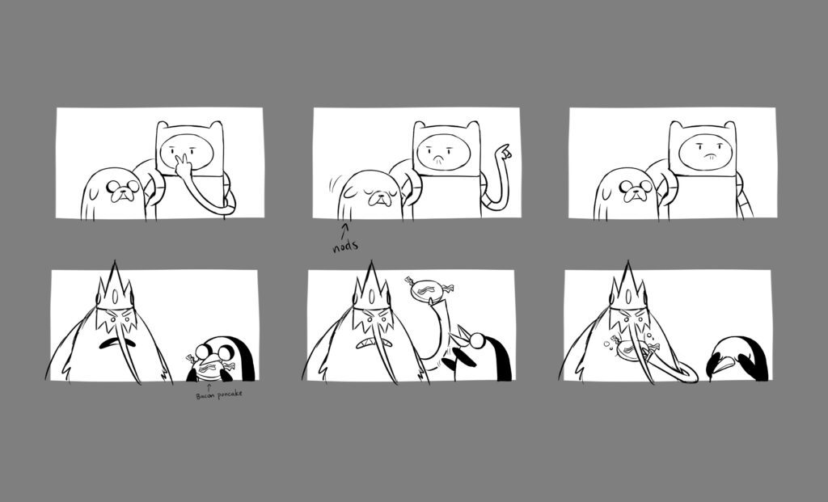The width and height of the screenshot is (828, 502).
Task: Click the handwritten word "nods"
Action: (x=345, y=246)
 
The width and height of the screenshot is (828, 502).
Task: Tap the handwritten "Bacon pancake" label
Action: (x=219, y=394)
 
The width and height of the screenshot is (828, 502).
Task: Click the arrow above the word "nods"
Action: (x=345, y=230)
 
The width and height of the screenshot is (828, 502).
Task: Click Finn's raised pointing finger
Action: (x=505, y=151)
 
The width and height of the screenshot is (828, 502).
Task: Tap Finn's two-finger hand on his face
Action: (x=183, y=166)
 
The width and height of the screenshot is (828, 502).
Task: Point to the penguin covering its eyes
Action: (x=737, y=360)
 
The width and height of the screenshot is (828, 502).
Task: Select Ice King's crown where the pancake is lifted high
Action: (x=371, y=287)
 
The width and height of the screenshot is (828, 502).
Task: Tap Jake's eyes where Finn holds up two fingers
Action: (x=123, y=186)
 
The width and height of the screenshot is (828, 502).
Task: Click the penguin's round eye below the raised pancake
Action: (x=477, y=341)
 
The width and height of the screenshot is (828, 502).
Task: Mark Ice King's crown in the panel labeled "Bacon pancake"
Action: (x=115, y=287)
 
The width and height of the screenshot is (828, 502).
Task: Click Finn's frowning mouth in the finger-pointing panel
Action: (x=437, y=158)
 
